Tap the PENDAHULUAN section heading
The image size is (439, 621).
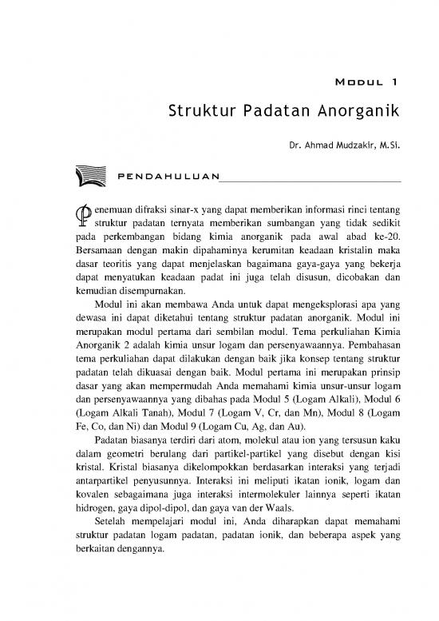click(168, 175)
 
